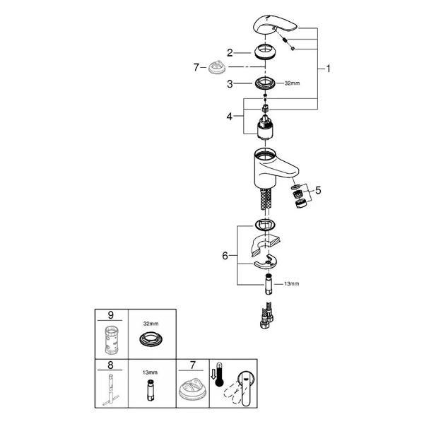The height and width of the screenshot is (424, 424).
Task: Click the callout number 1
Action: click(329, 69)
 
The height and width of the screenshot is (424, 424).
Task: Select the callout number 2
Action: click(230, 53)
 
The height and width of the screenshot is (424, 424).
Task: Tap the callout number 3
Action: click(230, 84)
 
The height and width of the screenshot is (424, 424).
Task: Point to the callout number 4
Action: click(229, 117)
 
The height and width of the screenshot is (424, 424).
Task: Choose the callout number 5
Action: click(318, 190)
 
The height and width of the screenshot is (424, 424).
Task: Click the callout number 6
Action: click(225, 256)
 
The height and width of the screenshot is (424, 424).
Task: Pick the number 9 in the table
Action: click(111, 315)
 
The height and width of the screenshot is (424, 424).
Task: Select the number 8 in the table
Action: click(110, 365)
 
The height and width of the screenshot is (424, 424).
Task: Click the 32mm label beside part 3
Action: click(292, 83)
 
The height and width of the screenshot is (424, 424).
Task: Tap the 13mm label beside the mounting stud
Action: click(291, 283)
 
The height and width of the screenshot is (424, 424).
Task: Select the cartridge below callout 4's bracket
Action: click(265, 127)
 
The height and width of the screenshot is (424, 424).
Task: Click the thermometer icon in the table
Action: click(219, 375)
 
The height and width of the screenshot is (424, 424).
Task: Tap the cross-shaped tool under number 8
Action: click(111, 389)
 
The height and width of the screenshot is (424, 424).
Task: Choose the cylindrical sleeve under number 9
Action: click(111, 340)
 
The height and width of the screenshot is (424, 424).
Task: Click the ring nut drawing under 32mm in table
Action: click(151, 338)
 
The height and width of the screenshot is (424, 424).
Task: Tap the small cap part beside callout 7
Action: click(217, 67)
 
